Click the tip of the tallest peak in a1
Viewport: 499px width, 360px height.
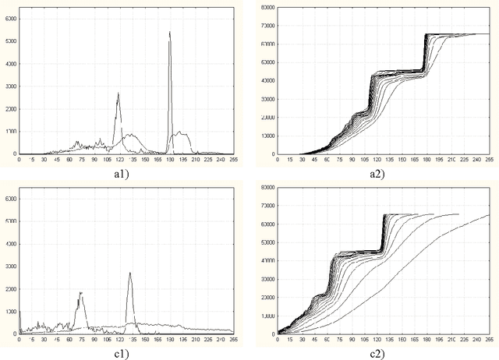pyautogui.click(x=170, y=32)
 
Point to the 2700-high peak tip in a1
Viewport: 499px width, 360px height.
pyautogui.click(x=119, y=93)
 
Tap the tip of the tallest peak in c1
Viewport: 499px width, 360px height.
pyautogui.click(x=129, y=273)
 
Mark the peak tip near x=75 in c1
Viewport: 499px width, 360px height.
pyautogui.click(x=80, y=292)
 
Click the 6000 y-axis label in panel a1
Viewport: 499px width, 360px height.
pyautogui.click(x=9, y=17)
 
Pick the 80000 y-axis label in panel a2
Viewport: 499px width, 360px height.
pyautogui.click(x=267, y=7)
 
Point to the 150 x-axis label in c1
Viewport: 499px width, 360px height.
pyautogui.click(x=143, y=340)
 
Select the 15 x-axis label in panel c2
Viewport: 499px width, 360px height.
pyautogui.click(x=290, y=340)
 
